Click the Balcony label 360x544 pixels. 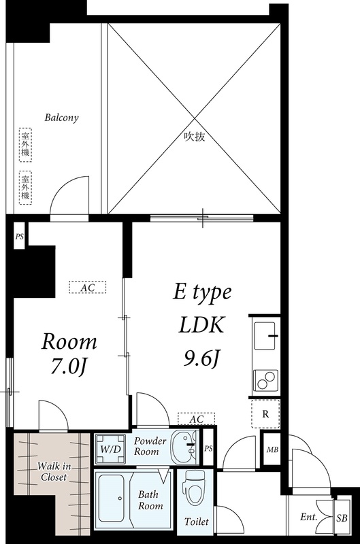(62, 118)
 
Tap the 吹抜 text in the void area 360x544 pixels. (195, 135)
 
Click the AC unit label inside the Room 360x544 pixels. (87, 288)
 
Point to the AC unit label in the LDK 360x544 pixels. (196, 419)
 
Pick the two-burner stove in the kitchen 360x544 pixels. (265, 379)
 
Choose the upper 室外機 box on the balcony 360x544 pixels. (25, 143)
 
